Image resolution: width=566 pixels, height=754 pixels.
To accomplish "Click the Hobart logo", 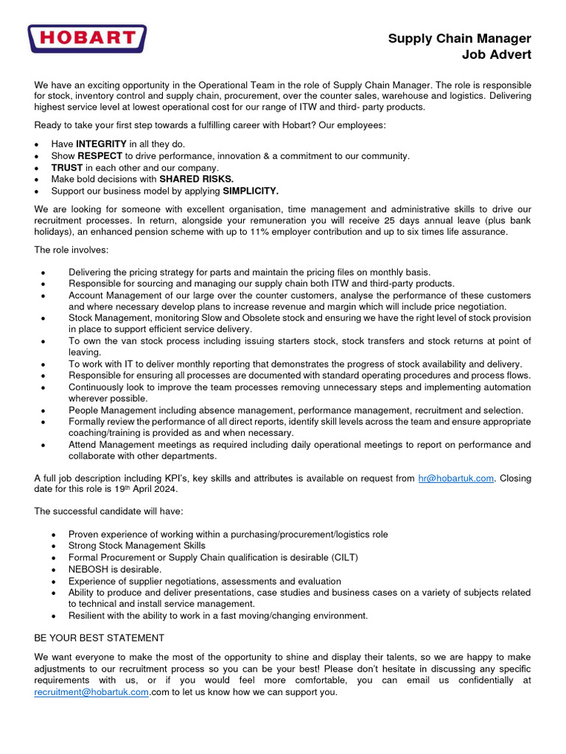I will [87, 38].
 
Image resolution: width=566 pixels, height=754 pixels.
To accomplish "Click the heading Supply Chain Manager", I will [459, 39].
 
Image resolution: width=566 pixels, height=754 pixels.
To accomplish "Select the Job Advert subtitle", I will [496, 54].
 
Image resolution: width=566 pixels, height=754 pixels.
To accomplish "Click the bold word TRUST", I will [67, 168].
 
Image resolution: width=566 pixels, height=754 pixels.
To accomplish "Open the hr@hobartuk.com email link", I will [455, 479].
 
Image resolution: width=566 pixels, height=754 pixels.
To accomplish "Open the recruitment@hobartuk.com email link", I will [91, 692].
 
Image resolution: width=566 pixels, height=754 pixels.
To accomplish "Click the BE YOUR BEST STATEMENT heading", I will [99, 638].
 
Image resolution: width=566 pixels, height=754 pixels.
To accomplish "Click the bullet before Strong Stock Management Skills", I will [54, 546].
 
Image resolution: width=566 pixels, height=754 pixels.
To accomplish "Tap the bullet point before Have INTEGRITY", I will [37, 144].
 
